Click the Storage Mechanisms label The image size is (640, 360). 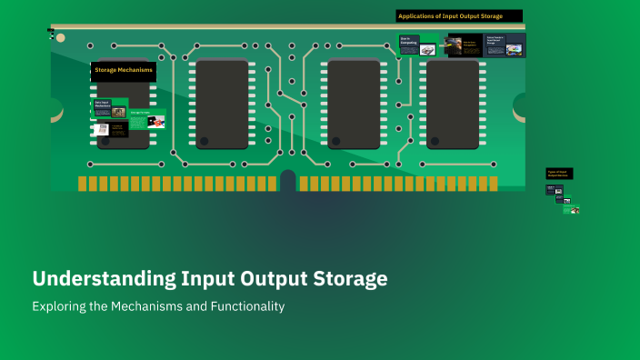click(x=123, y=70)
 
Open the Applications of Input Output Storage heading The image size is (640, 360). click(x=459, y=15)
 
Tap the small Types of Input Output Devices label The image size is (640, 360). click(x=558, y=173)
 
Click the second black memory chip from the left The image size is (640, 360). click(x=222, y=104)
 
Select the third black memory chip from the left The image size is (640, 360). click(x=354, y=104)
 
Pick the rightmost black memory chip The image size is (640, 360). click(x=453, y=104)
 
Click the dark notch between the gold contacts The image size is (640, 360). click(x=288, y=180)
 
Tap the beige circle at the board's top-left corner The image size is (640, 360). click(x=61, y=38)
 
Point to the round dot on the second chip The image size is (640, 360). click(x=205, y=141)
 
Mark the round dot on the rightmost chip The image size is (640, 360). click(x=435, y=141)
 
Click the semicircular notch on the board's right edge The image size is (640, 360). click(x=521, y=107)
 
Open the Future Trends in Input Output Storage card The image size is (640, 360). click(x=505, y=45)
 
